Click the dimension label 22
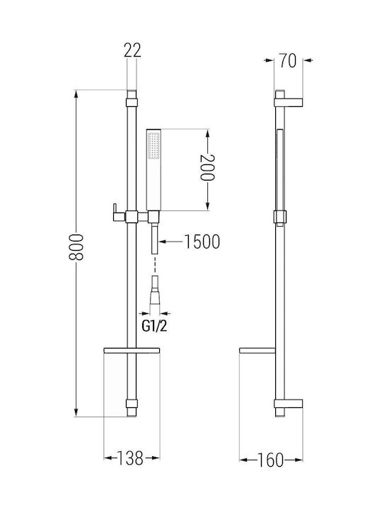132,50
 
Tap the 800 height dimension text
76,247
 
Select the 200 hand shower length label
207,167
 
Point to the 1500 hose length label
202,242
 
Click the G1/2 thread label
154,327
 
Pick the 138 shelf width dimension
129,458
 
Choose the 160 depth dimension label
270,460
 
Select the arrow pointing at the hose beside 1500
170,242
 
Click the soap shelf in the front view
132,351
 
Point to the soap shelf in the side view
257,351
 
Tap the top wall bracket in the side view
289,103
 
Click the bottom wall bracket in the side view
289,403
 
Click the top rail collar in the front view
132,103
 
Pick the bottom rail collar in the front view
132,404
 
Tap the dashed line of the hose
155,265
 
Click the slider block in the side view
280,217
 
